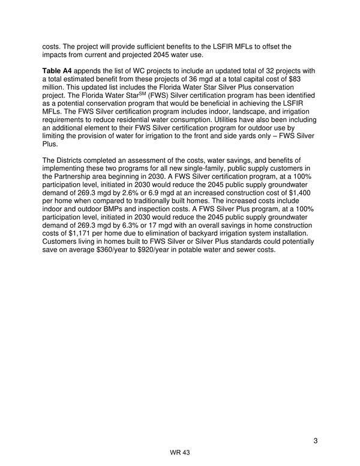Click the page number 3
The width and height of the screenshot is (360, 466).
point(315,441)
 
